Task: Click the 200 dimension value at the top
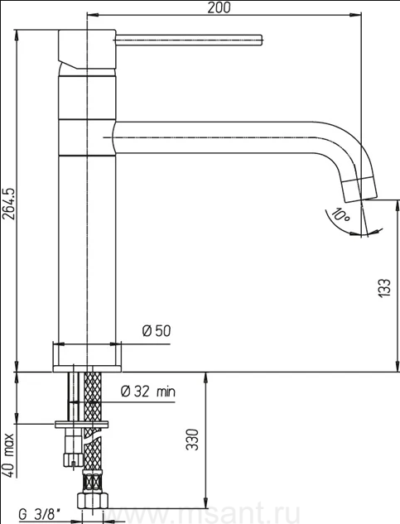[x=219, y=7]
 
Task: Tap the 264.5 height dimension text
[x=9, y=204]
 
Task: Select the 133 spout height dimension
[x=384, y=287]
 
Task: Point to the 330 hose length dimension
[x=192, y=440]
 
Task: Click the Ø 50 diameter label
[x=157, y=331]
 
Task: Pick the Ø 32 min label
[x=147, y=392]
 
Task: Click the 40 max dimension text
[x=9, y=456]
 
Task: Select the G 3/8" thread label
[x=40, y=515]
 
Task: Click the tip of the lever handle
[x=263, y=40]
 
